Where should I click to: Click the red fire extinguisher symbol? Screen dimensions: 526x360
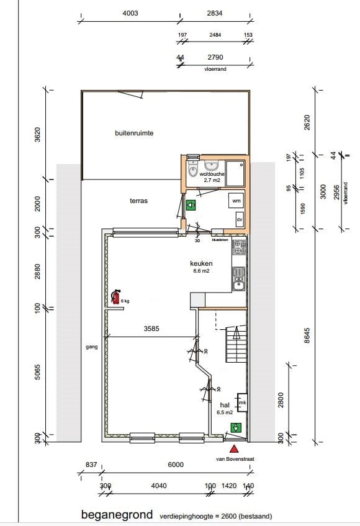pyautogui.click(x=115, y=297)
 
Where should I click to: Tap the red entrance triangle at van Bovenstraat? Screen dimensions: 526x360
pyautogui.click(x=234, y=448)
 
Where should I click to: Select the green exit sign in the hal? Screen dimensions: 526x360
pyautogui.click(x=235, y=427)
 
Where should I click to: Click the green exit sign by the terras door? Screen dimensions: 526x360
pyautogui.click(x=191, y=204)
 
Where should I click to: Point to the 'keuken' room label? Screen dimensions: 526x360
pyautogui.click(x=201, y=263)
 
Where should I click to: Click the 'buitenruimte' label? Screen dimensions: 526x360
pyautogui.click(x=133, y=133)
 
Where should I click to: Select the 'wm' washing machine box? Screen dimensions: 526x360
pyautogui.click(x=236, y=201)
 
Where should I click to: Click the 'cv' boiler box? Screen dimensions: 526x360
pyautogui.click(x=239, y=220)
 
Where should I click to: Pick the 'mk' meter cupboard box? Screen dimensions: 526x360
pyautogui.click(x=242, y=403)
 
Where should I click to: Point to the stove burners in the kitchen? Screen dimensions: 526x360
pyautogui.click(x=239, y=248)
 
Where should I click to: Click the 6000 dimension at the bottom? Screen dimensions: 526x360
pyautogui.click(x=176, y=465)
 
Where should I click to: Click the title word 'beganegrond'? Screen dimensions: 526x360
pyautogui.click(x=116, y=515)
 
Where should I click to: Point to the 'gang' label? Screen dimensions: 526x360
pyautogui.click(x=92, y=347)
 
